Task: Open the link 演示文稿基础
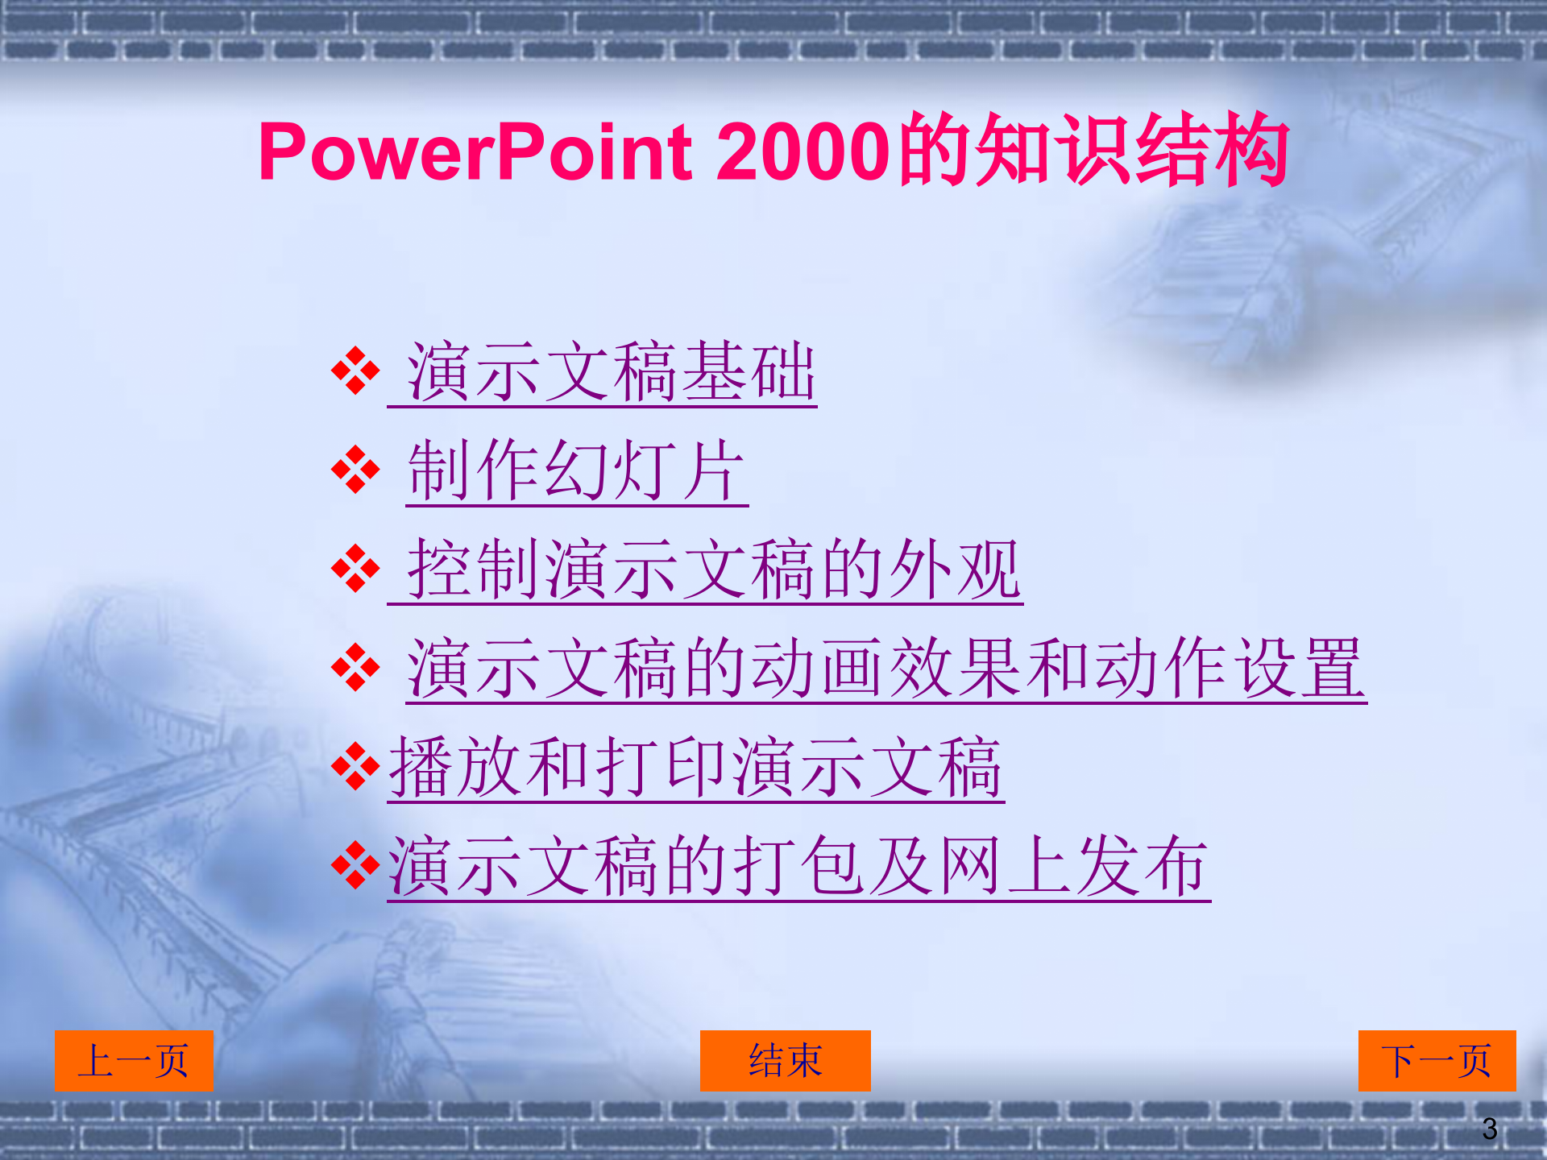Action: click(610, 372)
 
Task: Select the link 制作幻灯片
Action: click(576, 471)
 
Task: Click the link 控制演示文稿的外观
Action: click(713, 570)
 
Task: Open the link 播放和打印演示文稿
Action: click(695, 768)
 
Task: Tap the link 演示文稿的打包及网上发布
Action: click(798, 867)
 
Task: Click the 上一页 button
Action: click(134, 1061)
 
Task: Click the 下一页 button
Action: click(1437, 1061)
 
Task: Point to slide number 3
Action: click(1489, 1129)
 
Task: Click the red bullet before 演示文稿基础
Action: click(355, 371)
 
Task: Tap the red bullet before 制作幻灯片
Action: click(355, 470)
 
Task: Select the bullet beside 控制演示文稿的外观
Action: click(355, 569)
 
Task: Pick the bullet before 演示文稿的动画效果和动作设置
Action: click(355, 668)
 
